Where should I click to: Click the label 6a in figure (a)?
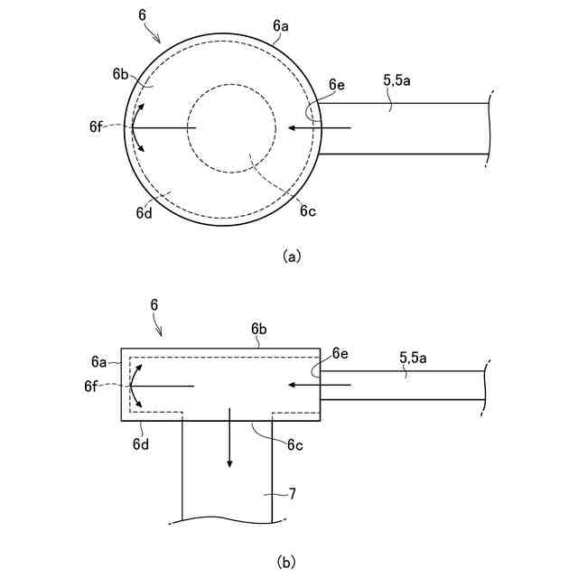coord(280,27)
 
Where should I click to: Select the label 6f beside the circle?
coord(96,127)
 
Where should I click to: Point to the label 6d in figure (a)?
coord(144,213)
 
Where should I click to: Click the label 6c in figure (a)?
coord(309,213)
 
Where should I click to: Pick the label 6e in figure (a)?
coord(337,84)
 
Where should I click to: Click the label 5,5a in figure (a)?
coord(398,80)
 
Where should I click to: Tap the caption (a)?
coord(291,256)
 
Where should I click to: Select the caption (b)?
coord(287,563)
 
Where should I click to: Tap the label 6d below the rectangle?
coord(141,443)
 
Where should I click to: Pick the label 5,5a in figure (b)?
coord(415,359)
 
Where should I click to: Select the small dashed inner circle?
coord(232,129)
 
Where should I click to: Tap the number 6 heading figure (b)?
coord(154,306)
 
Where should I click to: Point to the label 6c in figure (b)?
coord(294,444)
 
